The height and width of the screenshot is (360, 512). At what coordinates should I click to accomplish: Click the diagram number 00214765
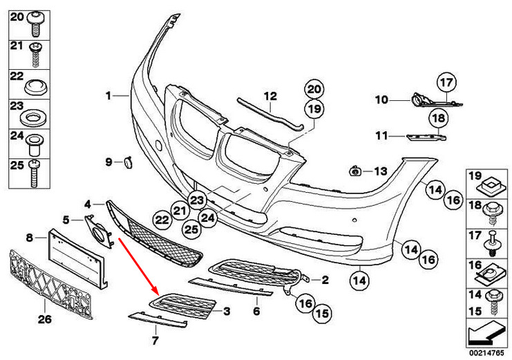point(486,353)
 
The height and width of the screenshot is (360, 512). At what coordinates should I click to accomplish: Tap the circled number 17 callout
point(446,84)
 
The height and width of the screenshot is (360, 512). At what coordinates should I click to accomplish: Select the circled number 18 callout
point(439,118)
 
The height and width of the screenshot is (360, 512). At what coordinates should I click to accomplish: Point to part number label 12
point(270,96)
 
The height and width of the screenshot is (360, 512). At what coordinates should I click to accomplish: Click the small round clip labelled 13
point(355,171)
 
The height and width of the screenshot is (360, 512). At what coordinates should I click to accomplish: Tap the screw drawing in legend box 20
point(36,23)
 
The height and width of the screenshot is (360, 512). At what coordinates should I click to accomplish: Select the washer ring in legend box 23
point(32,117)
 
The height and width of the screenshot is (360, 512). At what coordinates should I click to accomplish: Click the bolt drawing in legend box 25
point(35,173)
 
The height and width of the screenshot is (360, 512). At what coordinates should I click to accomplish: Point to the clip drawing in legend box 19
point(489,187)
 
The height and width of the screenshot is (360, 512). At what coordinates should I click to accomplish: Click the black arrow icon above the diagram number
point(486,333)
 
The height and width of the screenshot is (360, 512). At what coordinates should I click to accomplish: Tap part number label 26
point(45,319)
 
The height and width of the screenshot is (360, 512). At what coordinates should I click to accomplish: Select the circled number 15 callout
point(322,313)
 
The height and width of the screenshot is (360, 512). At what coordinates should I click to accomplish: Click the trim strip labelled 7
point(158,320)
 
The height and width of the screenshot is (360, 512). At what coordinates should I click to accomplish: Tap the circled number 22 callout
point(162,220)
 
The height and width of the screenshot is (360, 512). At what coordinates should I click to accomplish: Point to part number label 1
point(108,96)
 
